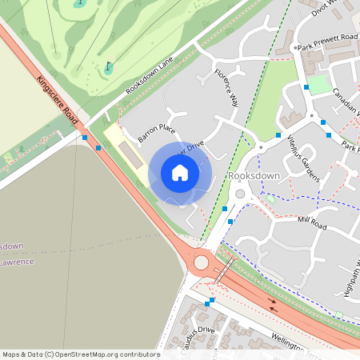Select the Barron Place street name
point(156,132)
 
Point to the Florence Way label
point(226,89)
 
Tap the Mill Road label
point(312,223)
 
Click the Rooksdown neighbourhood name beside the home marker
point(253,175)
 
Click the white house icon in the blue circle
point(180,173)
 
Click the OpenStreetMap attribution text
point(80,354)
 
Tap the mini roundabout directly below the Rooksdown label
point(240,194)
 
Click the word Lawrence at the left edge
point(16,262)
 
